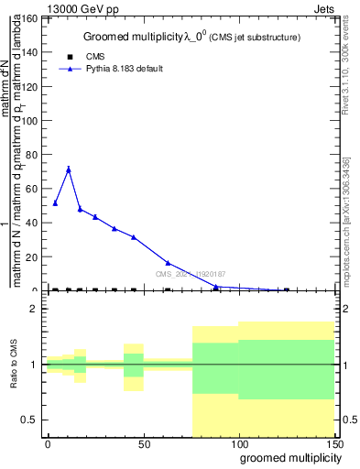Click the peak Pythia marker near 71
point(68,169)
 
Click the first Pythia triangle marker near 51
point(55,203)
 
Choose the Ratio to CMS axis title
point(14,365)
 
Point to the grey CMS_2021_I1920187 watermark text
point(190,274)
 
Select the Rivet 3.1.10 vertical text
point(348,67)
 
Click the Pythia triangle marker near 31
point(134,237)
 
